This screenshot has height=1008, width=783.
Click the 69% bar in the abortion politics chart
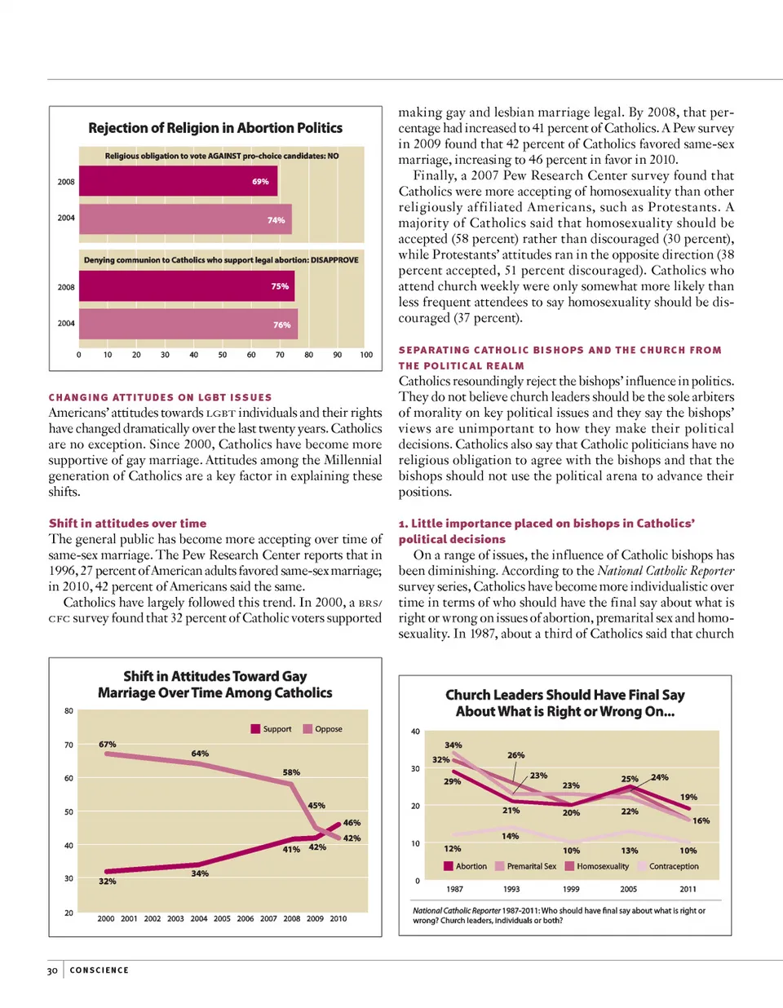point(178,181)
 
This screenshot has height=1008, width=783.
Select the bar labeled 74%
point(185,219)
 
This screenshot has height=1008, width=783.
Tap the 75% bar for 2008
point(187,286)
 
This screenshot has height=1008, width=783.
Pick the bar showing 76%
point(188,324)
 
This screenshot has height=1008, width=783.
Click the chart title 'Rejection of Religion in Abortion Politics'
point(215,128)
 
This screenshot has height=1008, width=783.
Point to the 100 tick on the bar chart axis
point(366,355)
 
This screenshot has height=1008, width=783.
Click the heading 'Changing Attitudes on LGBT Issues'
point(160,397)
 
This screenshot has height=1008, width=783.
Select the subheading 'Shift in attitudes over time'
point(127,524)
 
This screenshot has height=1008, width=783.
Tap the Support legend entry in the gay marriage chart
point(272,729)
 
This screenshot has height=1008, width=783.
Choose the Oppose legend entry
point(323,729)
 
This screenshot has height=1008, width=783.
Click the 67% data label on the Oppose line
point(108,745)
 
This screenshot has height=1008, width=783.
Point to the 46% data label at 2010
point(352,823)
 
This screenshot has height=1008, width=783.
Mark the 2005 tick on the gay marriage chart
point(222,918)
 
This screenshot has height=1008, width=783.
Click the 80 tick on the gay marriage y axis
point(69,711)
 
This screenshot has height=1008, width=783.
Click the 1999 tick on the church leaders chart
point(571,889)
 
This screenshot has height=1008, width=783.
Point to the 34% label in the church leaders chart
point(453,745)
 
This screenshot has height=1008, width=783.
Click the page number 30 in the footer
point(52,970)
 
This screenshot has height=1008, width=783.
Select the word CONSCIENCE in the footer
point(100,970)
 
